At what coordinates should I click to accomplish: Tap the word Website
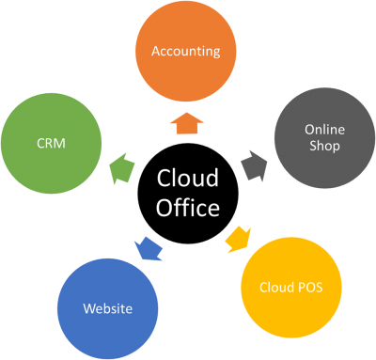[x=106, y=308]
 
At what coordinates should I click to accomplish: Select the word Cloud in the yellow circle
[x=278, y=285]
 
